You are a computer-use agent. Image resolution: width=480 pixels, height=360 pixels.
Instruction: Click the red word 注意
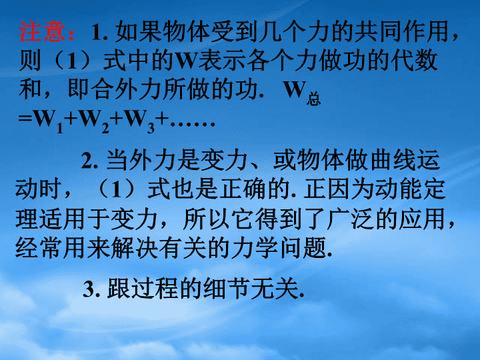[x=42, y=31]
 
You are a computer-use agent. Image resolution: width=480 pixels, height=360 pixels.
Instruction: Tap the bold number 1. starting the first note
[x=99, y=32]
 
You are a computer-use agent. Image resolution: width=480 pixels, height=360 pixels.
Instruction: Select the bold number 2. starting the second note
[x=89, y=161]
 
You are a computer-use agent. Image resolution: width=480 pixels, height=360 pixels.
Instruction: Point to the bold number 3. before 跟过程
[x=91, y=289]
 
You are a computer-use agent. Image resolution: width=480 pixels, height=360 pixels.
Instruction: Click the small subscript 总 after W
[x=313, y=99]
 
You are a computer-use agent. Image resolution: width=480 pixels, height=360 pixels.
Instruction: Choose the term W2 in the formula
[x=94, y=121]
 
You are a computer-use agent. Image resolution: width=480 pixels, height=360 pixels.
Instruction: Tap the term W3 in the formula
[x=139, y=121]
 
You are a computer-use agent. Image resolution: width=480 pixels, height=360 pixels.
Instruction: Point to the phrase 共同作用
[x=401, y=31]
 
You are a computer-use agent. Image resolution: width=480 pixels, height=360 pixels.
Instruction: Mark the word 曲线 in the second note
[x=393, y=160]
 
